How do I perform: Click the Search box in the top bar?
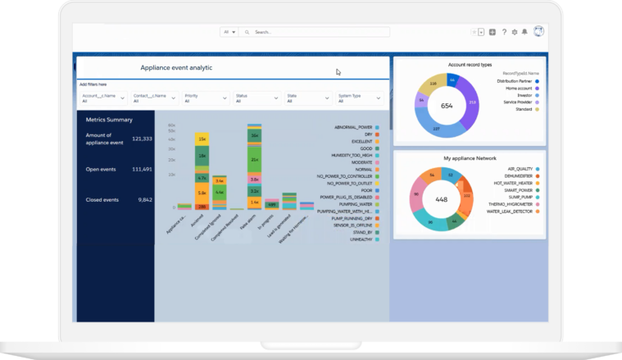click(x=320, y=32)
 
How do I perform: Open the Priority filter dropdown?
click(x=206, y=98)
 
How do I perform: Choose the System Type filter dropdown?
click(x=359, y=98)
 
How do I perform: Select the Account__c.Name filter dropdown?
click(x=103, y=98)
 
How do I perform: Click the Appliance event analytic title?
click(x=176, y=68)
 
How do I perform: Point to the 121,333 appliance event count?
click(x=141, y=139)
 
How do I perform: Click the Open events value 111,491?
click(x=141, y=169)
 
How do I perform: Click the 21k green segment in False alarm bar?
click(x=255, y=158)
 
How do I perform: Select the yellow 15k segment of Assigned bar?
click(x=202, y=139)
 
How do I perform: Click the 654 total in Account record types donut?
click(x=447, y=106)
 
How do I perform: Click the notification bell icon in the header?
click(x=524, y=32)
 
